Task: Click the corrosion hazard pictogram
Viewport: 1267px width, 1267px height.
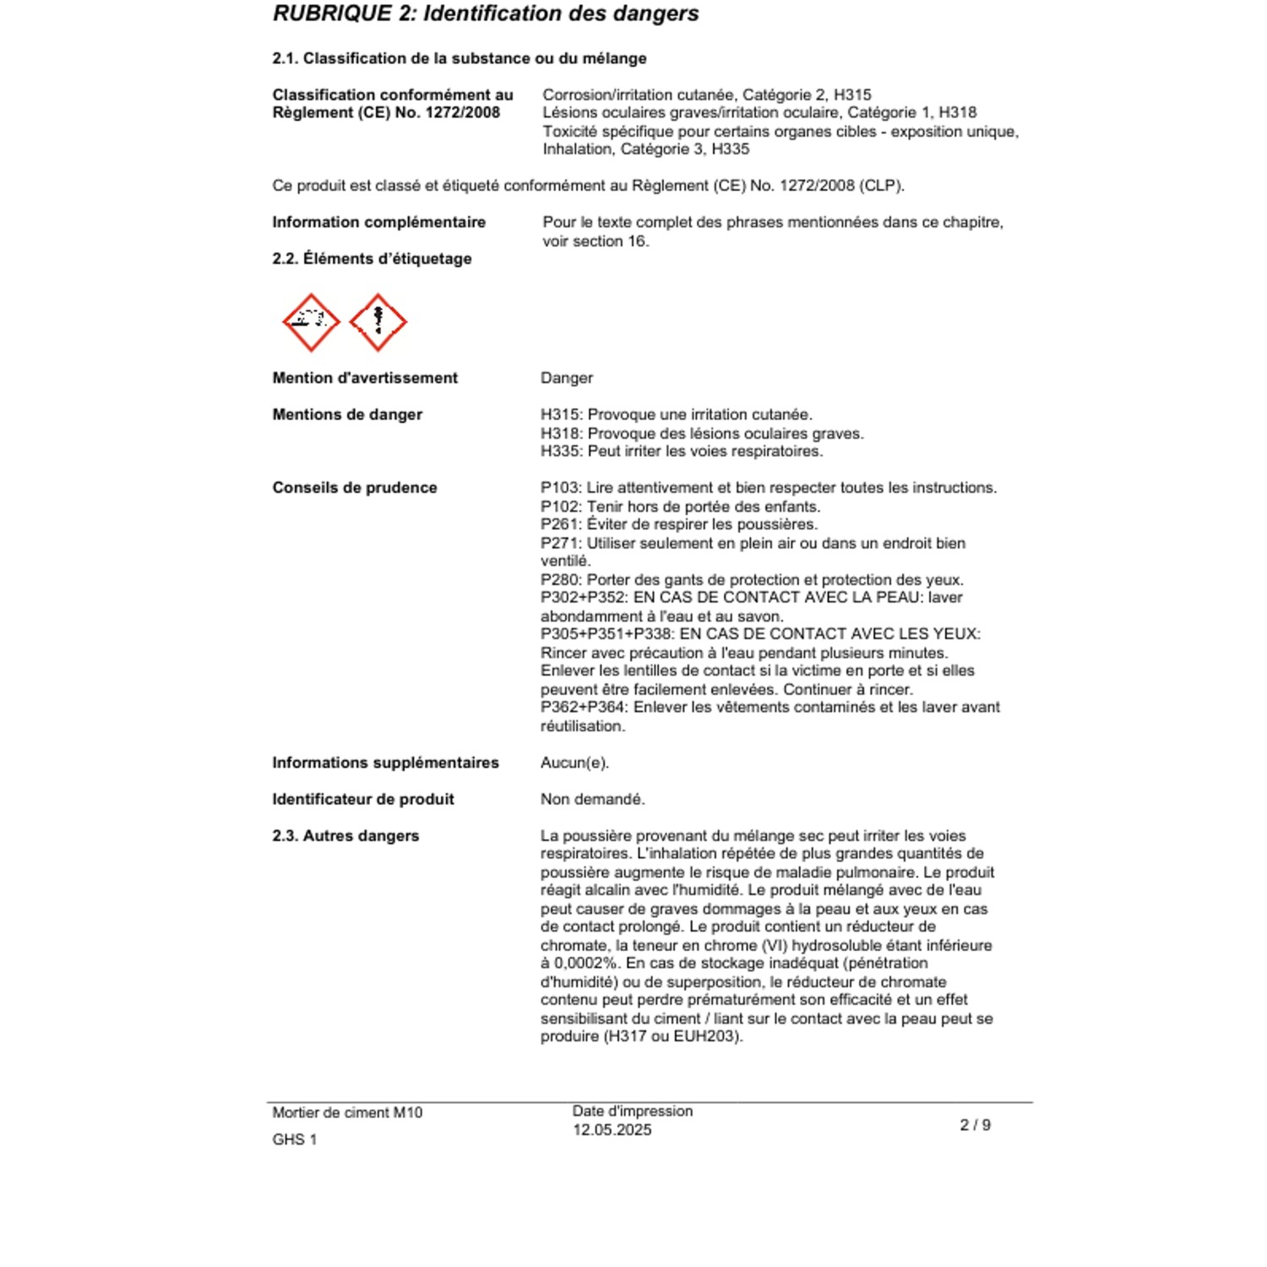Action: pos(311,322)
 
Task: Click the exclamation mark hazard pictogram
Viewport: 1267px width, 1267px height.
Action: pos(378,322)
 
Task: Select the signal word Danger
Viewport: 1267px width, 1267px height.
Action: pos(567,378)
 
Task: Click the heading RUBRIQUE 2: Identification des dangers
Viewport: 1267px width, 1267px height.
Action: pos(486,14)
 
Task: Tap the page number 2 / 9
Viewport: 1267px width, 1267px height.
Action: pos(975,1125)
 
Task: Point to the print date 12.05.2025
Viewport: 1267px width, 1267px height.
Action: pos(612,1130)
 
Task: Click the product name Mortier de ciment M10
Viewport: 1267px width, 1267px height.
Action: pos(347,1112)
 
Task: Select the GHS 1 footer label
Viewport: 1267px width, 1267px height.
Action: pos(294,1139)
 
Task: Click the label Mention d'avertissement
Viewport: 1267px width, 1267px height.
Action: pos(365,378)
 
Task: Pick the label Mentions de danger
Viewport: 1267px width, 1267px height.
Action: pos(347,415)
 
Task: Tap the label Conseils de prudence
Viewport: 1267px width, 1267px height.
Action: pos(355,487)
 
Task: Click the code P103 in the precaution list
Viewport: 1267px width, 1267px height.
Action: pos(560,488)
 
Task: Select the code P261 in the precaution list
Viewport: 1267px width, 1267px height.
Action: pos(560,525)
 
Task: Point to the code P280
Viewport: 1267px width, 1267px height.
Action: pos(560,580)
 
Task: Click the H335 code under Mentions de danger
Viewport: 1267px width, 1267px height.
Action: pos(560,451)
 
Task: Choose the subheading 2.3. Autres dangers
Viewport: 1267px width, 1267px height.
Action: pos(345,835)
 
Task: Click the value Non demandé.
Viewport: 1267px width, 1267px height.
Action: pos(592,799)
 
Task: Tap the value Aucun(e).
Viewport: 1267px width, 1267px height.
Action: pos(574,763)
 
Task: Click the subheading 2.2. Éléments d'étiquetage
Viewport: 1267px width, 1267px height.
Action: pos(372,258)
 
